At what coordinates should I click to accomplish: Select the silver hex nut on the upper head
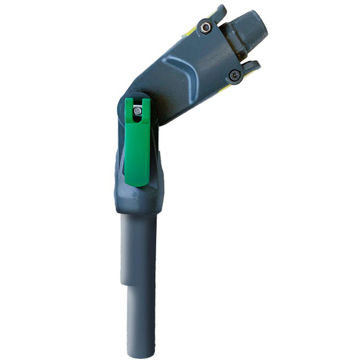point(206,27)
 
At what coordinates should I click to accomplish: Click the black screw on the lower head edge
point(234,75)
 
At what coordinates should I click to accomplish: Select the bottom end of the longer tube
point(141,353)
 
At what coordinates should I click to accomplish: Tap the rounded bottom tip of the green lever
point(137,182)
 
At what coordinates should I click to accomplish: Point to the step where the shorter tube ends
point(124,283)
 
